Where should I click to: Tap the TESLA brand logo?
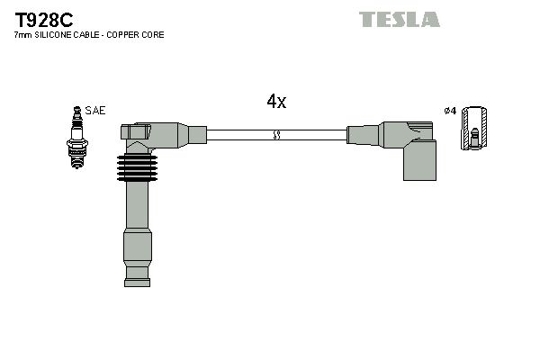pyautogui.click(x=400, y=19)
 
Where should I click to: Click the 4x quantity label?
pyautogui.click(x=276, y=102)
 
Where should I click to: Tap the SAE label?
pyautogui.click(x=97, y=111)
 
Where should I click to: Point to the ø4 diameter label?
pyautogui.click(x=450, y=111)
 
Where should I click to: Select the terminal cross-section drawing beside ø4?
pyautogui.click(x=474, y=127)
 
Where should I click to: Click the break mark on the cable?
pyautogui.click(x=276, y=135)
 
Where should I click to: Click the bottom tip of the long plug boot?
pyautogui.click(x=137, y=275)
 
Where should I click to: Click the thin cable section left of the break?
pyautogui.click(x=238, y=135)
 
